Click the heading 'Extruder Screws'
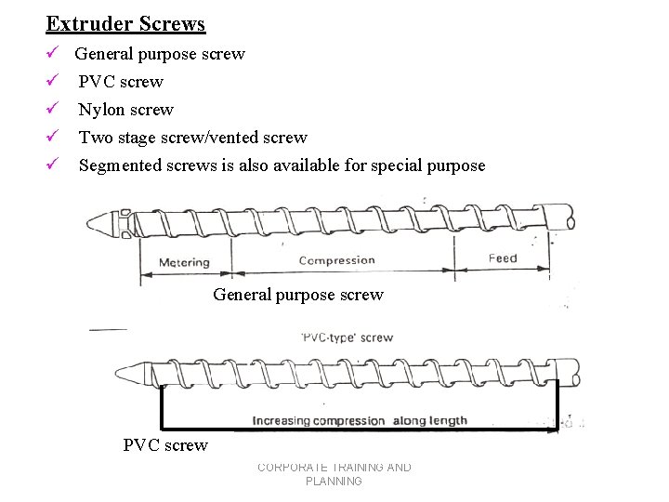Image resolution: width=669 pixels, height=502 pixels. click(125, 24)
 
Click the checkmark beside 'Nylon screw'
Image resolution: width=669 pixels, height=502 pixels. click(54, 110)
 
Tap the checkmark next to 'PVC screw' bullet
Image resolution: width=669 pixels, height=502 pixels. click(54, 82)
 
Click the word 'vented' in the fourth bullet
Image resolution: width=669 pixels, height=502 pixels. click(237, 138)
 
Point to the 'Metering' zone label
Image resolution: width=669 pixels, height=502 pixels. click(184, 263)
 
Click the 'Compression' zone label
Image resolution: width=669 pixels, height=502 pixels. click(336, 261)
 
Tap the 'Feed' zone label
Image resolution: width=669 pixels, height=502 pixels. click(502, 258)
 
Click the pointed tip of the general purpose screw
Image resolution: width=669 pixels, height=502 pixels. click(94, 222)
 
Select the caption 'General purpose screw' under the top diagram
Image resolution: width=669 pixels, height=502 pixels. click(297, 295)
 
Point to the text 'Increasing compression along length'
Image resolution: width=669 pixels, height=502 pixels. click(360, 421)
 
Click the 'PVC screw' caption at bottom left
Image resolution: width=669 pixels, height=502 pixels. click(165, 445)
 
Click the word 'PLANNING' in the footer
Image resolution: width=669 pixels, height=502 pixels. click(334, 481)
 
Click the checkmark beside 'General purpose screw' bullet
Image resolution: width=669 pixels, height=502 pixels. click(54, 54)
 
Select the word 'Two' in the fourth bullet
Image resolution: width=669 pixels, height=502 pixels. click(94, 138)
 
